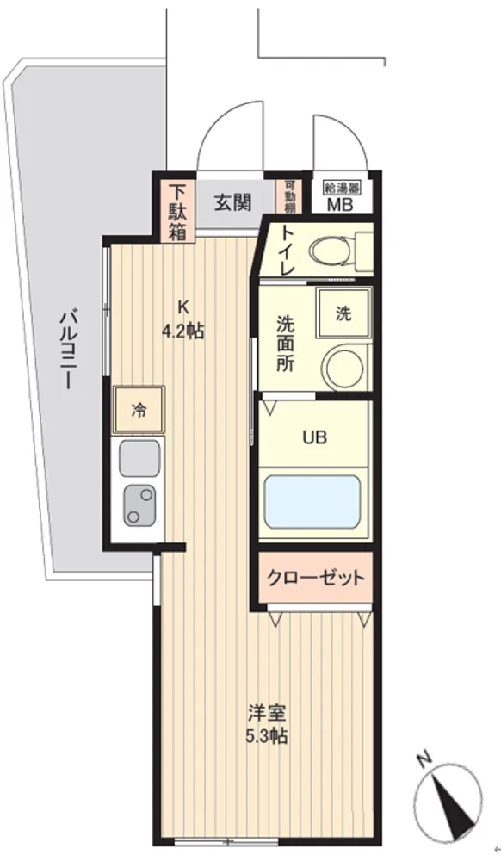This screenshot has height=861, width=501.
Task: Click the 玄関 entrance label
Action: (x=232, y=202)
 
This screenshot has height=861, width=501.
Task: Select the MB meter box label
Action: (x=340, y=204)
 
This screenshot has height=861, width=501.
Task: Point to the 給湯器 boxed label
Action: (x=343, y=188)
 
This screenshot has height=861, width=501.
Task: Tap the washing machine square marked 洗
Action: (x=343, y=313)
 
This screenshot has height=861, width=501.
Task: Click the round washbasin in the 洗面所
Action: (x=343, y=364)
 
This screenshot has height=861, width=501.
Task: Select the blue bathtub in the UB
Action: (x=312, y=501)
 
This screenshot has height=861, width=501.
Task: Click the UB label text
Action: (x=315, y=437)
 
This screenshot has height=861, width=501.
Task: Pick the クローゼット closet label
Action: (x=316, y=577)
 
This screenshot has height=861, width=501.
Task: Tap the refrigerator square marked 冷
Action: (x=139, y=410)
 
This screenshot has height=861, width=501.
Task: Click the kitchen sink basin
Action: (x=139, y=459)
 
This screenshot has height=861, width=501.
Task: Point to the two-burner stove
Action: (x=139, y=505)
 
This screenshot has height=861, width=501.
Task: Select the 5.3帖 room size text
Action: (x=266, y=736)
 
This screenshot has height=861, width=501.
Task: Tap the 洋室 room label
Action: (x=266, y=714)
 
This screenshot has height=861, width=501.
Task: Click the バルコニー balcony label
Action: (x=66, y=350)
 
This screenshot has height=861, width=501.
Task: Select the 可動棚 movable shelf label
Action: (x=290, y=196)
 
